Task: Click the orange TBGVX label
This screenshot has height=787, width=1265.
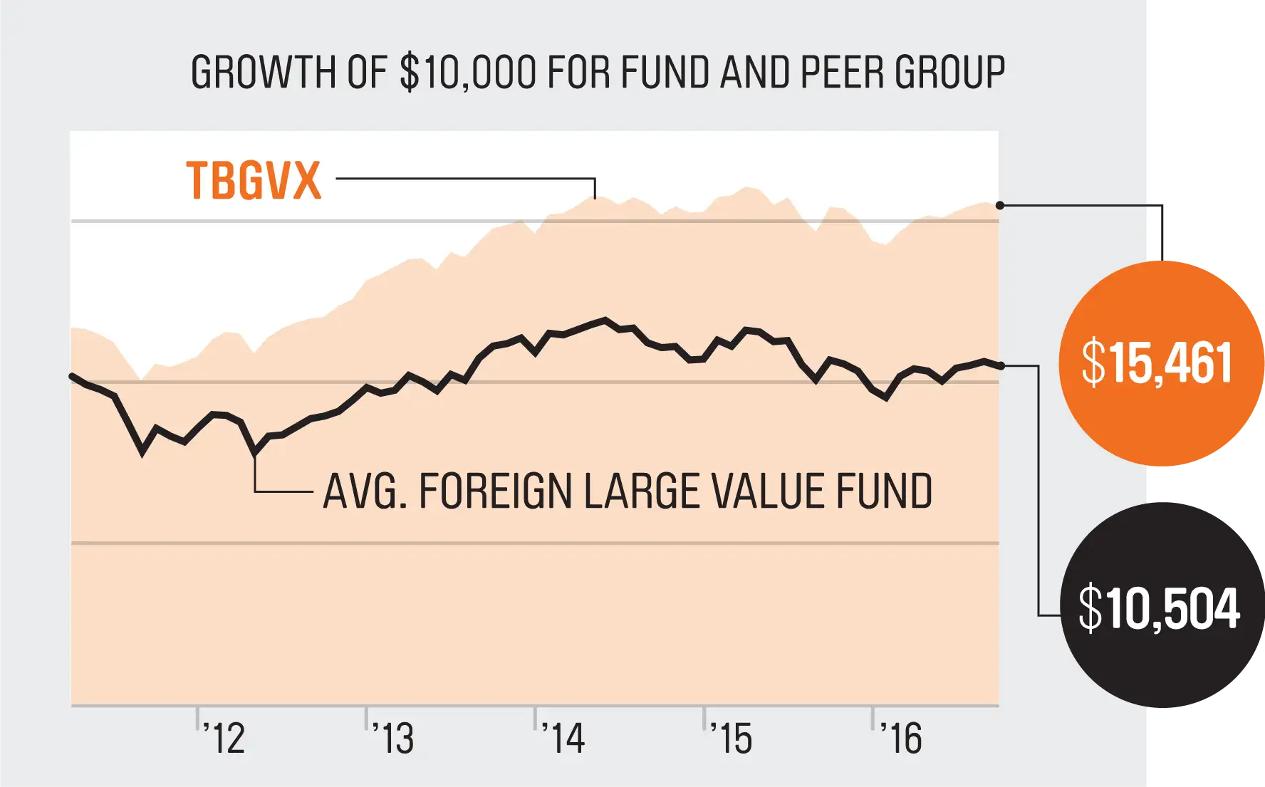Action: point(254,180)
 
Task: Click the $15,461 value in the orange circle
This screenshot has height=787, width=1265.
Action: point(1157,363)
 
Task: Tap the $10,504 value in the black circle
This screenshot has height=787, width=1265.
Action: point(1160,608)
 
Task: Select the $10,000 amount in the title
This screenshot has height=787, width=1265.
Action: point(468,73)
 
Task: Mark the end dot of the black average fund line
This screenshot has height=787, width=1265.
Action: point(1001,366)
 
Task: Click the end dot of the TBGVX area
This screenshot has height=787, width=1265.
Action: point(1000,205)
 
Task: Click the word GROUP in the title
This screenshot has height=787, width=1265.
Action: point(950,73)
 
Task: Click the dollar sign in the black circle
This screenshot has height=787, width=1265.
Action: point(1090,608)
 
